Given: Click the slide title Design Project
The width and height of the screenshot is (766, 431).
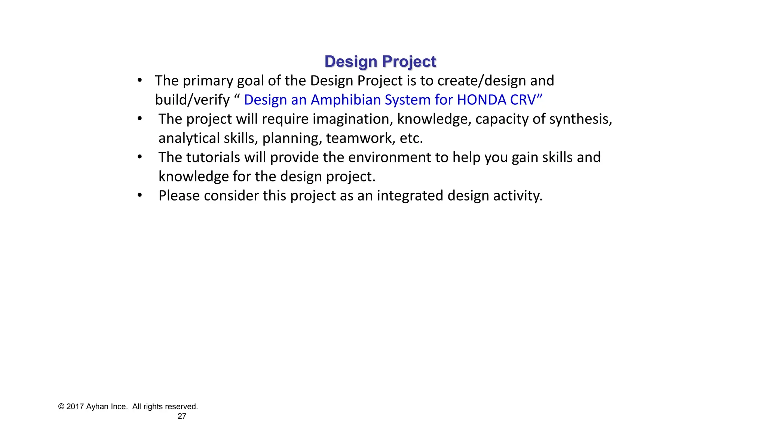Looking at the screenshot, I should [x=380, y=61].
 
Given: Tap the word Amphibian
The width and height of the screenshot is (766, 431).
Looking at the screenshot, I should [x=346, y=100].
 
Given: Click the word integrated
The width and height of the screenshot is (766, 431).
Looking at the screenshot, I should [x=410, y=196].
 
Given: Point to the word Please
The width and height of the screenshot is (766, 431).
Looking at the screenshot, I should [x=179, y=196].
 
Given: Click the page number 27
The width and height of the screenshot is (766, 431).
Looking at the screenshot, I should [x=182, y=416].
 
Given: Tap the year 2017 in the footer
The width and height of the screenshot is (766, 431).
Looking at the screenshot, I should [x=75, y=407].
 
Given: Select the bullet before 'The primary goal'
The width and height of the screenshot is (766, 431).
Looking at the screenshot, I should [x=140, y=80].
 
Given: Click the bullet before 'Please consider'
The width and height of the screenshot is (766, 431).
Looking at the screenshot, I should [x=140, y=196].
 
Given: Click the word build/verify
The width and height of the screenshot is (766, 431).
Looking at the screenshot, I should [x=192, y=100].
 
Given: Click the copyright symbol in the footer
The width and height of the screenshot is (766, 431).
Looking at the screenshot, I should [x=61, y=407].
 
